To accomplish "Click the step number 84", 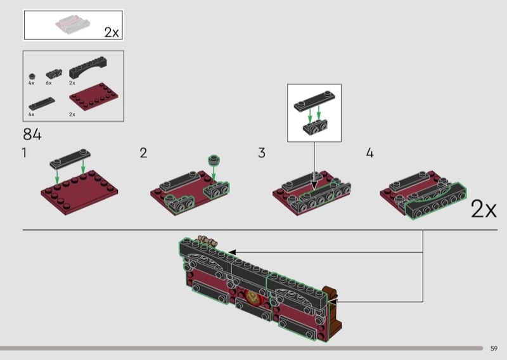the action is tap(32, 134).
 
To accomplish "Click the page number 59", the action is tap(494, 349).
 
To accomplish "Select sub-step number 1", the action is tap(24, 153).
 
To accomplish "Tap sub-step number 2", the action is tap(143, 153).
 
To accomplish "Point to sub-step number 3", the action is tap(262, 153).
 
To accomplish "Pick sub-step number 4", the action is tap(370, 153).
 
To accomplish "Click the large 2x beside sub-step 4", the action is tap(484, 209).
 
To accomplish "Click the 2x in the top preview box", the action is tap(112, 32).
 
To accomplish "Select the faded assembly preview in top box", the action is tap(72, 24).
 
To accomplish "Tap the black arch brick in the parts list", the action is tap(88, 68).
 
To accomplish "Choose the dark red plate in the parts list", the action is tap(93, 96).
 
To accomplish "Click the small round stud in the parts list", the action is tap(32, 77).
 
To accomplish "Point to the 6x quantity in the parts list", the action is tap(49, 83).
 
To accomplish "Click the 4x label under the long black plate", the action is tap(31, 115).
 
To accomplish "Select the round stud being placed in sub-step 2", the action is tap(214, 160).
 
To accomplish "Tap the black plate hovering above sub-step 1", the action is tap(70, 159).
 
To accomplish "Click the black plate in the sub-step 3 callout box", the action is tap(314, 101).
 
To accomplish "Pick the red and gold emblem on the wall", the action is tap(252, 297).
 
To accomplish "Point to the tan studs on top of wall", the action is tap(207, 240).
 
